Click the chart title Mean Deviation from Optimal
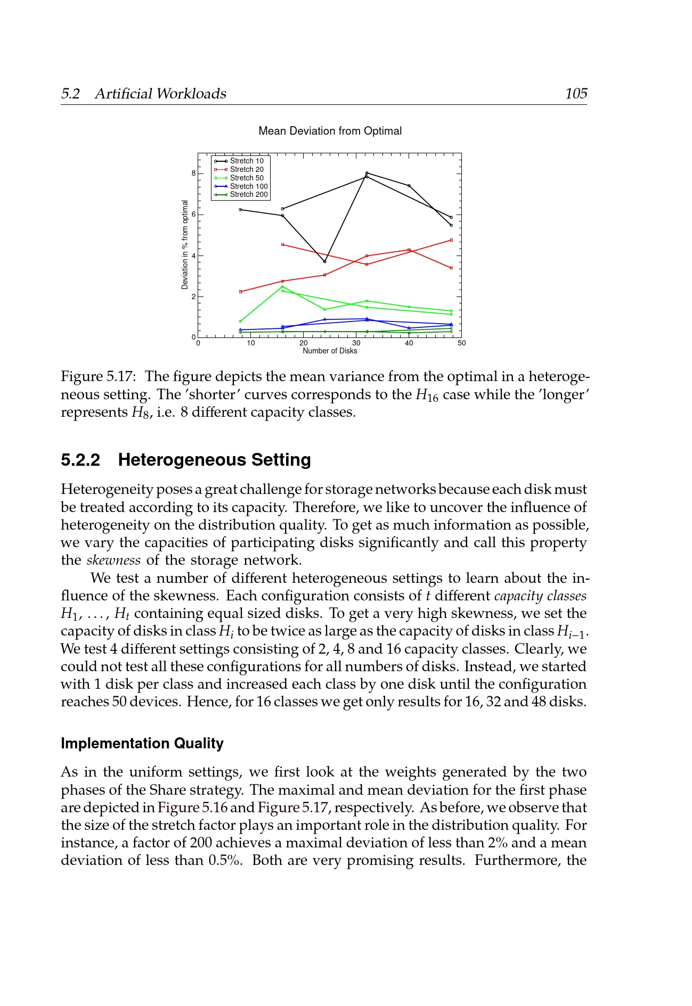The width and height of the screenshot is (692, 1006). (x=330, y=131)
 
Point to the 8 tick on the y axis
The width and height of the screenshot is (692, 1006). (x=193, y=174)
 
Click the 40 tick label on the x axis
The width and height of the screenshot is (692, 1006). (x=409, y=343)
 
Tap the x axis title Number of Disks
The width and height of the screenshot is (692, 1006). (x=330, y=351)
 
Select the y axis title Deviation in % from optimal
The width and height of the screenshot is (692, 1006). (x=185, y=245)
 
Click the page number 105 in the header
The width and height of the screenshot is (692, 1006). (x=576, y=94)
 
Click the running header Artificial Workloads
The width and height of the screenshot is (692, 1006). (x=160, y=94)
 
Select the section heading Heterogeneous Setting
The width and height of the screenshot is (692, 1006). (x=214, y=460)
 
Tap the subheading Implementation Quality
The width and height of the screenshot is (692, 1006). (x=142, y=744)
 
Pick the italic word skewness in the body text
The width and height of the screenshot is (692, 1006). (x=113, y=560)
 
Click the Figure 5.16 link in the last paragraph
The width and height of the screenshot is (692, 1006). (x=192, y=807)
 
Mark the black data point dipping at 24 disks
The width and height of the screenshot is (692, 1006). (x=324, y=261)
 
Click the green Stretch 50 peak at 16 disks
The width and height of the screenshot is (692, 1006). (x=282, y=286)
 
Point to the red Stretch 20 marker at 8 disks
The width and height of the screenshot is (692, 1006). (x=240, y=292)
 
